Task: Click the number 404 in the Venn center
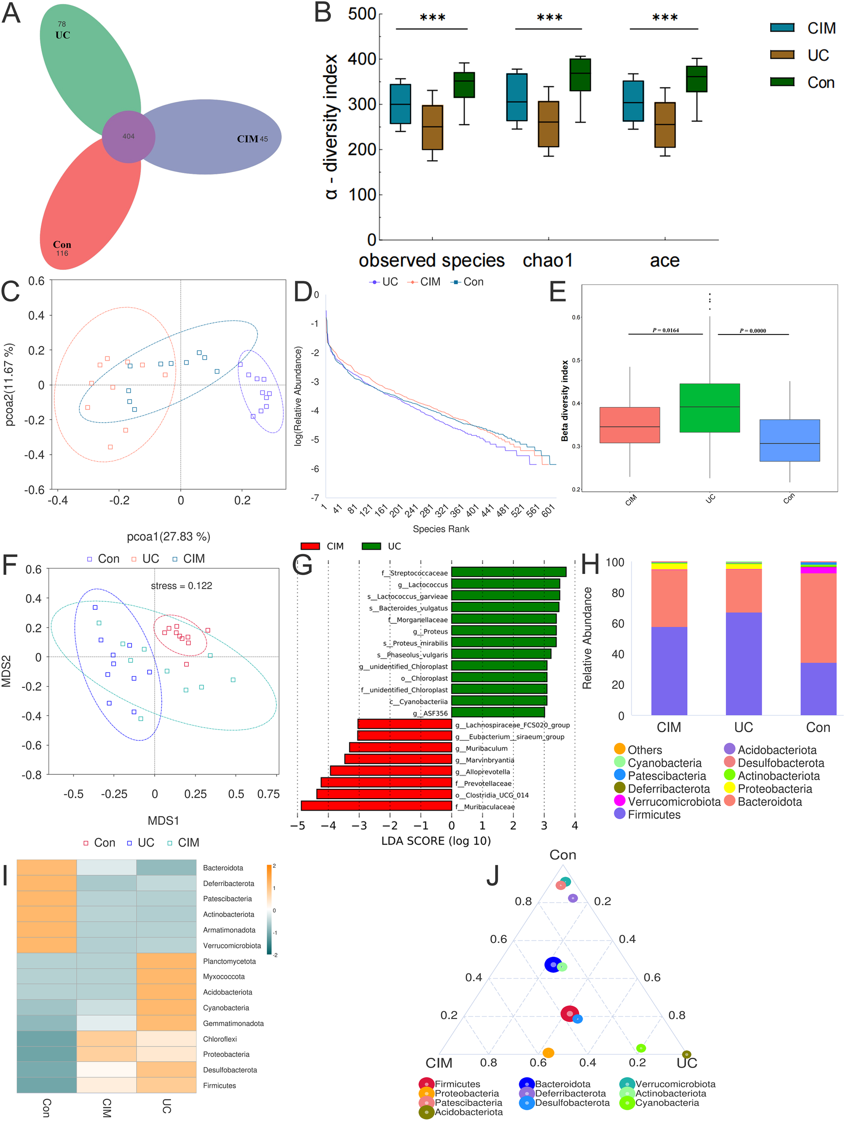128,136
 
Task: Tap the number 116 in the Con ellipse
62,253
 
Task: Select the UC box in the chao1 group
548,124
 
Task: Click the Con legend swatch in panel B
781,82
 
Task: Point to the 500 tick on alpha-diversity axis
362,14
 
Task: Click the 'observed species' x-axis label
431,261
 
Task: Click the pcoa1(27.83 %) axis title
168,537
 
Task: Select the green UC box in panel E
709,408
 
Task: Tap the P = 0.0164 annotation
665,330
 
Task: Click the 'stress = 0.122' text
182,586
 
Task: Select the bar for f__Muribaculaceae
376,806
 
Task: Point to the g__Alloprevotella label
482,772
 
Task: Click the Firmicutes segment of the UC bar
743,664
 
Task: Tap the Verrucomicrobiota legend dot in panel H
619,801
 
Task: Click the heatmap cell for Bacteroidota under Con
46,868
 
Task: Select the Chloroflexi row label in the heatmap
220,1039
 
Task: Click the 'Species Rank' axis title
441,529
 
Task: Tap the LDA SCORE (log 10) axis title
436,841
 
